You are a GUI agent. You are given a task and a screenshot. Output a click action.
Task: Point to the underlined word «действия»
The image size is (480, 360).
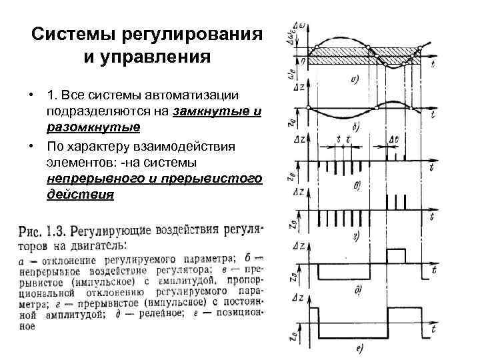tap(81, 195)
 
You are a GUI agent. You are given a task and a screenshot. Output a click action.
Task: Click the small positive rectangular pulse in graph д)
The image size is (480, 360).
tap(395, 256)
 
